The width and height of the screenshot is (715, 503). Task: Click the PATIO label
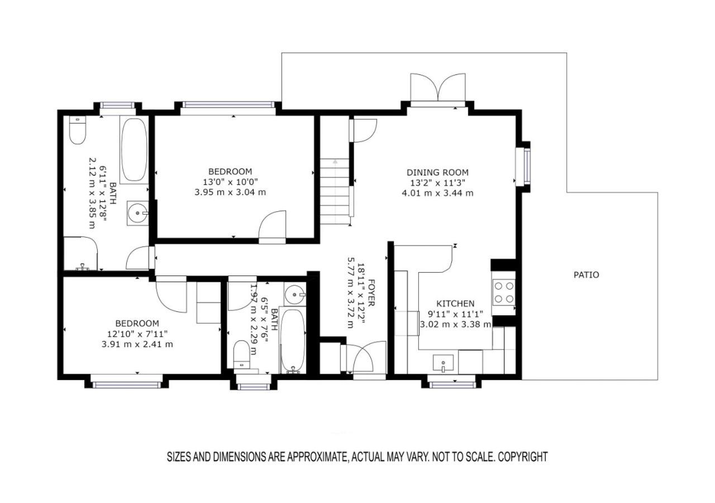586,275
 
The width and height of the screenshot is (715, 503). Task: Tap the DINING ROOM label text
437,173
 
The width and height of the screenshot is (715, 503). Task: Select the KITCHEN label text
455,303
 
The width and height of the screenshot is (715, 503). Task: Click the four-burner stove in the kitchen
504,292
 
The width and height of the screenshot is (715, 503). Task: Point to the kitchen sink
443,364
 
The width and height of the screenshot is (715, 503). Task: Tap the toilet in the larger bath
78,130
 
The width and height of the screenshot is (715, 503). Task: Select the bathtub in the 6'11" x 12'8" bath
134,150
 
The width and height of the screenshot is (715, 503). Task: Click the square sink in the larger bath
137,213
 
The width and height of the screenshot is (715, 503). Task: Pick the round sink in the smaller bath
294,294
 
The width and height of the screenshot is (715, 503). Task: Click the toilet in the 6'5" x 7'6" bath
242,355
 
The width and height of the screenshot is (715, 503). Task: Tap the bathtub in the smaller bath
293,340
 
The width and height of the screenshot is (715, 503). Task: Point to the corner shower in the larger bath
80,254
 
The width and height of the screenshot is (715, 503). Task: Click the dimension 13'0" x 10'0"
230,182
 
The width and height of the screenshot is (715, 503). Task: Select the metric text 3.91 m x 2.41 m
137,344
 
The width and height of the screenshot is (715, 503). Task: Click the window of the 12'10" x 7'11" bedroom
127,385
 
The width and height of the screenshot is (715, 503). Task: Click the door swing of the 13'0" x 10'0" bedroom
272,225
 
